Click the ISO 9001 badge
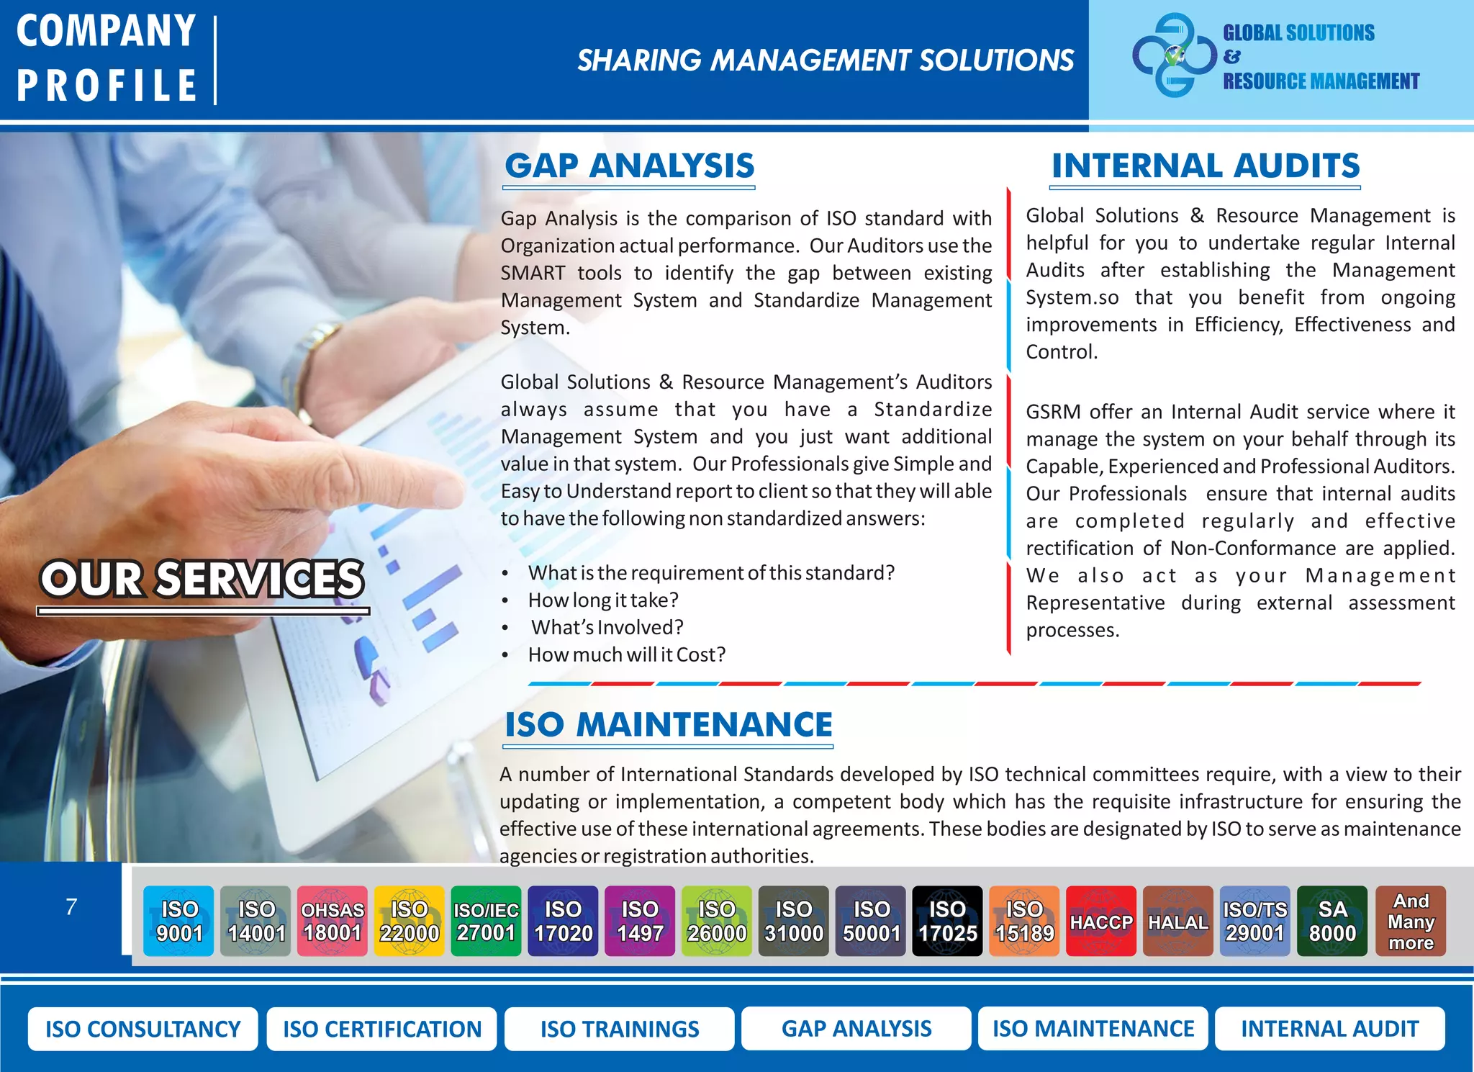pyautogui.click(x=178, y=921)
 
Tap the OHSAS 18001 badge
pyautogui.click(x=333, y=921)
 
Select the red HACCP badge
pyautogui.click(x=1101, y=921)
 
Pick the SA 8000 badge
pyautogui.click(x=1332, y=921)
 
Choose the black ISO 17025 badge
pyautogui.click(x=947, y=921)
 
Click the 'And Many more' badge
pyautogui.click(x=1411, y=921)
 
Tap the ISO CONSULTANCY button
pyautogui.click(x=143, y=1029)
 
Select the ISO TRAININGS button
pyautogui.click(x=619, y=1029)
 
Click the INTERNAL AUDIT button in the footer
pyautogui.click(x=1329, y=1029)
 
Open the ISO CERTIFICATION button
pyautogui.click(x=381, y=1029)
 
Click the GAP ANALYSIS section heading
pyautogui.click(x=629, y=166)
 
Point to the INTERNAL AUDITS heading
pyautogui.click(x=1206, y=166)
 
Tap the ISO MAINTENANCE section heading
pyautogui.click(x=668, y=724)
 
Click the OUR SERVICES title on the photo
pyautogui.click(x=202, y=579)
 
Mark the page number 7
pyautogui.click(x=71, y=906)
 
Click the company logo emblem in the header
pyautogui.click(x=1174, y=55)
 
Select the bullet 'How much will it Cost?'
pyautogui.click(x=626, y=654)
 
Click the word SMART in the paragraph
pyautogui.click(x=533, y=273)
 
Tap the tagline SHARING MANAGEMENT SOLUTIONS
pyautogui.click(x=825, y=60)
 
